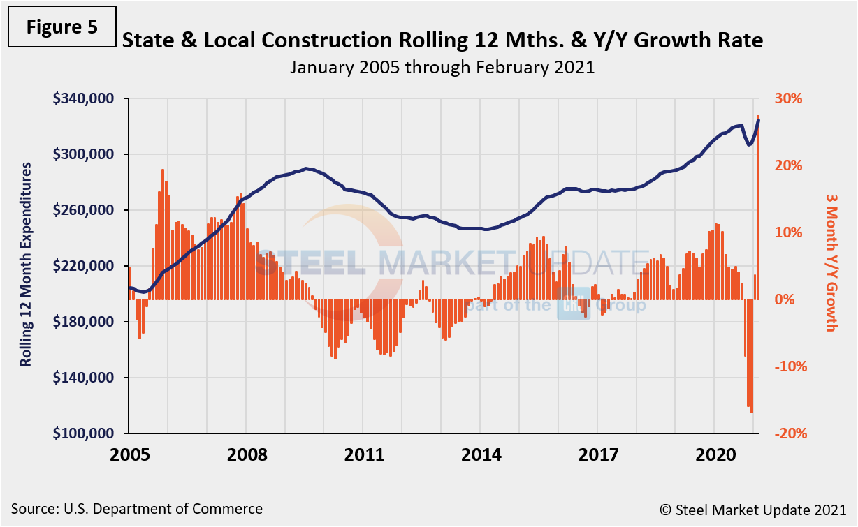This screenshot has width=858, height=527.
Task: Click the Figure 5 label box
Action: [x=61, y=26]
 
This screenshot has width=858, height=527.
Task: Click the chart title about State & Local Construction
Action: [x=442, y=40]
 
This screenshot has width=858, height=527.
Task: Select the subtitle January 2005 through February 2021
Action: [x=442, y=68]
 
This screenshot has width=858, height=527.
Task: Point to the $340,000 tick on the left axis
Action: [x=84, y=98]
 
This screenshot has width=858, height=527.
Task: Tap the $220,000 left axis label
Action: [x=84, y=266]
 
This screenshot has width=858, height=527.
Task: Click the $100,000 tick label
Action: [x=84, y=433]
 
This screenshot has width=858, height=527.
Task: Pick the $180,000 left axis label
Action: [x=84, y=322]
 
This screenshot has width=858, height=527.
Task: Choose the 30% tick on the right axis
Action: [x=787, y=98]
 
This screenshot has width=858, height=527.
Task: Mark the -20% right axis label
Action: [x=790, y=433]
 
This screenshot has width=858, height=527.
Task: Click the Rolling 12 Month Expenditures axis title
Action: [x=26, y=265]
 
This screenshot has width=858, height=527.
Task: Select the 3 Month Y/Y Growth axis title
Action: [x=830, y=263]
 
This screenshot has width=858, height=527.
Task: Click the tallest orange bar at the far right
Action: [x=759, y=209]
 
